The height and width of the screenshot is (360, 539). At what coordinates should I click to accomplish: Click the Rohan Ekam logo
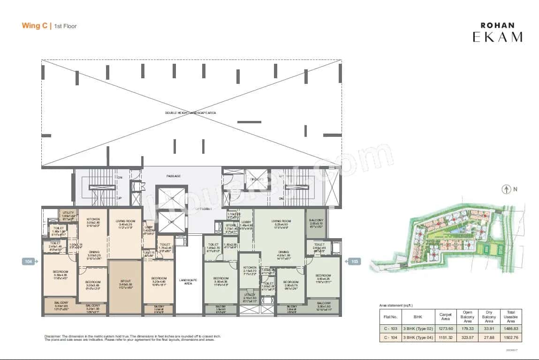(497, 32)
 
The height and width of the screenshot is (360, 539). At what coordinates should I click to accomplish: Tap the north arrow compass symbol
(506, 190)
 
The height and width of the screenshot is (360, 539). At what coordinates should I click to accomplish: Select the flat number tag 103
(354, 262)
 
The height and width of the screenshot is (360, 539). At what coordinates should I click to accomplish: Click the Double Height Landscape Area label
(190, 113)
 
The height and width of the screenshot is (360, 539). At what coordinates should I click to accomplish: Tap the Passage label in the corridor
(174, 176)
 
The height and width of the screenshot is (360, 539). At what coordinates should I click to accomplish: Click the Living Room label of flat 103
(281, 221)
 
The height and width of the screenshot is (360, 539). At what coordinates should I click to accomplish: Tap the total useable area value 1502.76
(511, 337)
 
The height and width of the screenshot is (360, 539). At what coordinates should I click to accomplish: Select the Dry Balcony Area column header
(489, 316)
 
